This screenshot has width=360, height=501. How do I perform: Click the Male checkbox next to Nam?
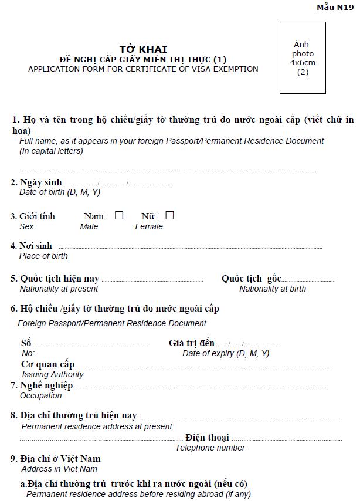(x=119, y=215)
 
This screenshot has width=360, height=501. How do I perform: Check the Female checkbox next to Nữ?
(x=169, y=215)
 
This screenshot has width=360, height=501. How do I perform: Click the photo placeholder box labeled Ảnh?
(x=303, y=57)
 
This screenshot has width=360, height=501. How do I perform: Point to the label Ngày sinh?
(x=40, y=182)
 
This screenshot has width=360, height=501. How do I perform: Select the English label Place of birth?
(x=43, y=256)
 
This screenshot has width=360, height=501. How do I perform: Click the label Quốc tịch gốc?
(x=251, y=279)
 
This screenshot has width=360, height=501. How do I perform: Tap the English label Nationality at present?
(x=59, y=289)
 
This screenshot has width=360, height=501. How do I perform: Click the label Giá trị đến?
(x=192, y=343)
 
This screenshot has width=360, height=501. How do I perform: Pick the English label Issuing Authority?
(x=53, y=374)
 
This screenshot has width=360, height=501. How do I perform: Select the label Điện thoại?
(x=207, y=438)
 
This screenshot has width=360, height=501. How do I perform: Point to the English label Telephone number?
(x=210, y=448)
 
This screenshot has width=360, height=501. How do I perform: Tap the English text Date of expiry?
(x=226, y=353)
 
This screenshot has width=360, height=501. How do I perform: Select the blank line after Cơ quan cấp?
(x=202, y=367)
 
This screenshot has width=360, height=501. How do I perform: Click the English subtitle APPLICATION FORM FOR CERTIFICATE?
(x=143, y=69)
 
